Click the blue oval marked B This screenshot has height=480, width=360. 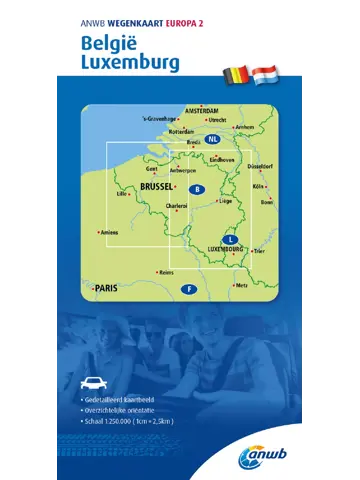[x=198, y=190]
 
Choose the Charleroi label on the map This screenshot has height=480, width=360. [x=177, y=206]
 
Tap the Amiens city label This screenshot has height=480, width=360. [x=110, y=233]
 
